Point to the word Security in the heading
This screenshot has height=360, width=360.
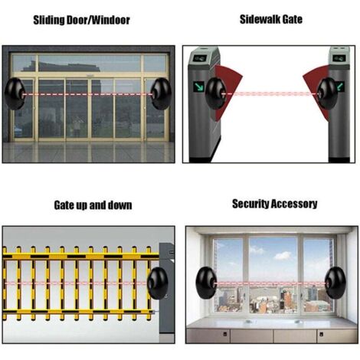pos(253,204)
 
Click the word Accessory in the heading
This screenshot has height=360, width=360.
pos(296,204)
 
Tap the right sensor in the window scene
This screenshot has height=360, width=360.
pos(339,283)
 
